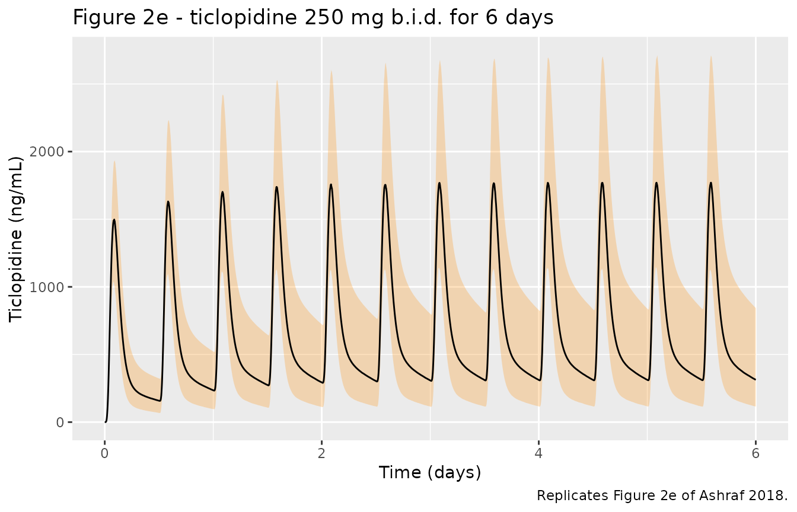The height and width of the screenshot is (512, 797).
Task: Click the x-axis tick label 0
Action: click(x=104, y=453)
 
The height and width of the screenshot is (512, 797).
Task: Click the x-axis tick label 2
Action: click(x=321, y=453)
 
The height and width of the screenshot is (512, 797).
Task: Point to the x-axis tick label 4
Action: click(x=538, y=453)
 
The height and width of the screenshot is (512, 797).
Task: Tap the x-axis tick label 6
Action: click(x=755, y=453)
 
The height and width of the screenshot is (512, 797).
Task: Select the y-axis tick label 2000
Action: click(x=46, y=152)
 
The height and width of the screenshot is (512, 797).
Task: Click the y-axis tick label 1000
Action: click(x=46, y=287)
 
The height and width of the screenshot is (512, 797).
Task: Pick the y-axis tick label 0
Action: click(x=60, y=423)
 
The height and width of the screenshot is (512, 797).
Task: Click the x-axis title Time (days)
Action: click(x=430, y=473)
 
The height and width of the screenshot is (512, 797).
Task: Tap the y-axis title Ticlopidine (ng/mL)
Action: click(x=15, y=239)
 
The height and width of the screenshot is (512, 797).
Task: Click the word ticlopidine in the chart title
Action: click(x=243, y=17)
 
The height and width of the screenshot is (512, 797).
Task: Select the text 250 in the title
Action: click(x=324, y=17)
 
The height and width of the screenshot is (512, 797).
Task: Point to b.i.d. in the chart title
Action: click(x=417, y=17)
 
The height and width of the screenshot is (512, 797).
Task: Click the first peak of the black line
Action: click(x=114, y=220)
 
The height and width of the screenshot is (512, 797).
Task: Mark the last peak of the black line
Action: click(x=711, y=183)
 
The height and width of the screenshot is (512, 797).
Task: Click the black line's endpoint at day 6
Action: click(x=755, y=380)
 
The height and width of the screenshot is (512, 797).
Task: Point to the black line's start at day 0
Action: click(x=106, y=422)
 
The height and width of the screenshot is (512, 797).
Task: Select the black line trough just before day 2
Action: click(x=323, y=383)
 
